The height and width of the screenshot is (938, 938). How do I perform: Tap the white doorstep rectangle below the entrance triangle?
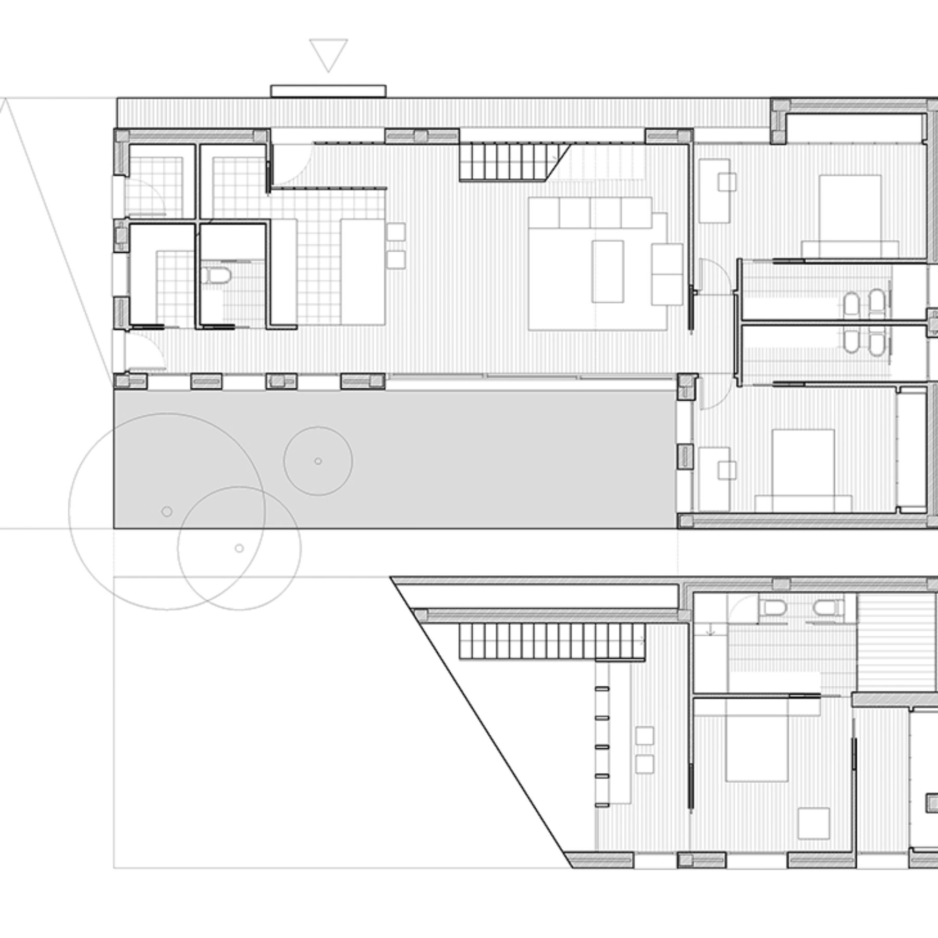click(x=328, y=91)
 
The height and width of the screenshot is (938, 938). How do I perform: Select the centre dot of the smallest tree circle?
click(x=318, y=461)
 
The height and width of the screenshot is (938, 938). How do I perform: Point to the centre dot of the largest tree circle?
click(x=167, y=511)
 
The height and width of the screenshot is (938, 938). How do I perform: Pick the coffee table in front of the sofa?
click(x=608, y=271)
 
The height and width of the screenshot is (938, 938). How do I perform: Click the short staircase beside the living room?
click(x=503, y=163)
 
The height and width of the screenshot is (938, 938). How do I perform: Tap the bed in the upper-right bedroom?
click(x=850, y=214)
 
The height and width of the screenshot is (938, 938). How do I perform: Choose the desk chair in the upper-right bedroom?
click(x=727, y=181)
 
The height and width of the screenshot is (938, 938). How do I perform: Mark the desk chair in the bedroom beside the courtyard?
click(x=726, y=470)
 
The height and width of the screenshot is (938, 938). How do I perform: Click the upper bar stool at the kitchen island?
click(x=397, y=232)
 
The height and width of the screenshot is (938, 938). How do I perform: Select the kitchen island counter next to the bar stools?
click(x=363, y=271)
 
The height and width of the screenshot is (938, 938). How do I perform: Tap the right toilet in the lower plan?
click(x=824, y=609)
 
